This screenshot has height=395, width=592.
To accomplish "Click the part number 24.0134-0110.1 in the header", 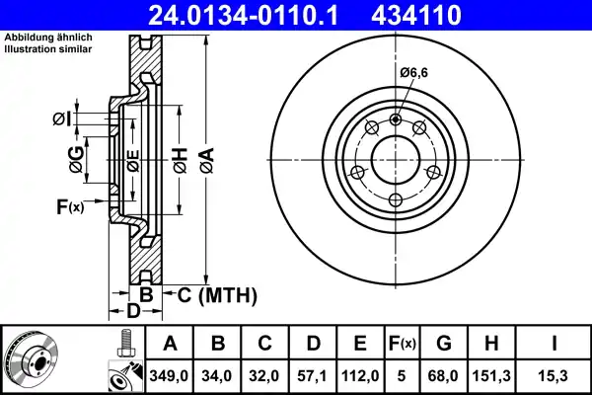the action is (x=243, y=15).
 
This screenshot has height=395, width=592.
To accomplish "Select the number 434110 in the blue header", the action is (x=416, y=15).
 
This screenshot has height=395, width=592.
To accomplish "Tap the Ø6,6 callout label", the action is (x=414, y=72).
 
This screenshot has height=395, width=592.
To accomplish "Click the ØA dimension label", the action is (x=207, y=160).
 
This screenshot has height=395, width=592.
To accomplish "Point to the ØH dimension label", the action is (x=181, y=160).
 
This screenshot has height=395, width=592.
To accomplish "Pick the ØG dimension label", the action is (x=76, y=159).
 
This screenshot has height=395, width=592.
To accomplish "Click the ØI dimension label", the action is (x=61, y=119).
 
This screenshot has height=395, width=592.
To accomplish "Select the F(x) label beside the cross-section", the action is (x=70, y=206).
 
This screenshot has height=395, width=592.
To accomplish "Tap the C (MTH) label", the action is (x=217, y=295).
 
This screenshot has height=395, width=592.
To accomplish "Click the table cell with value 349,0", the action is (x=169, y=376).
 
